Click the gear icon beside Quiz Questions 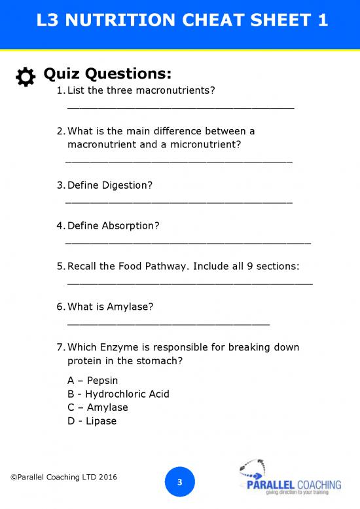click(x=25, y=77)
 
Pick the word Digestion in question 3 click(x=127, y=185)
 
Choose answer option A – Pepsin click(x=93, y=381)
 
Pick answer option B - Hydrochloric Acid click(x=118, y=394)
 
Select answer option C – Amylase click(x=98, y=407)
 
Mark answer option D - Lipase click(x=92, y=421)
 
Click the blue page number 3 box click(x=180, y=483)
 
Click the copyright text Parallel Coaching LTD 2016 click(x=64, y=477)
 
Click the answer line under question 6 click(x=168, y=323)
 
